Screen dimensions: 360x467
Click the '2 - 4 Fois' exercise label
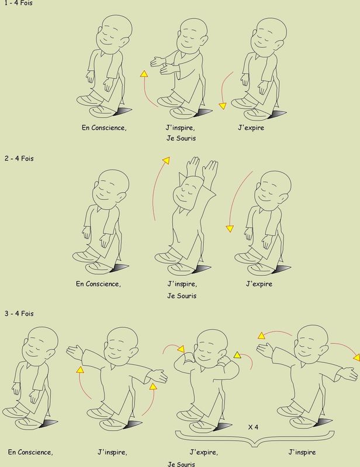pyautogui.click(x=19, y=158)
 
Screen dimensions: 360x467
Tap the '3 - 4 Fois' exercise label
pyautogui.click(x=19, y=313)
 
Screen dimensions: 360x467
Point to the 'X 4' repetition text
pyautogui.click(x=253, y=427)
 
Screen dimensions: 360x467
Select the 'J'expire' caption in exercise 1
pyautogui.click(x=251, y=128)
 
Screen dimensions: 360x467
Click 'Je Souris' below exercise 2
pyautogui.click(x=182, y=296)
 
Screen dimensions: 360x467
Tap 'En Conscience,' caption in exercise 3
pyautogui.click(x=30, y=452)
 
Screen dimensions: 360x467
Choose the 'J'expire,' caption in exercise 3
pyautogui.click(x=204, y=452)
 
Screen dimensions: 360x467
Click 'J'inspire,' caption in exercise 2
pyautogui.click(x=182, y=284)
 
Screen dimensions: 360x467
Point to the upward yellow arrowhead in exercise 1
pyautogui.click(x=144, y=74)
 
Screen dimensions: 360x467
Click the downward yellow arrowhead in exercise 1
pyautogui.click(x=223, y=106)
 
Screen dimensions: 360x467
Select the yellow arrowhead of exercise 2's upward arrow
pyautogui.click(x=166, y=160)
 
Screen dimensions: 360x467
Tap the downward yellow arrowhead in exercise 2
pyautogui.click(x=230, y=229)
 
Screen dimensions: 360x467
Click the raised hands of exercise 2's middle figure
pyautogui.click(x=202, y=167)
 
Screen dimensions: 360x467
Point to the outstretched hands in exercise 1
pyautogui.click(x=160, y=65)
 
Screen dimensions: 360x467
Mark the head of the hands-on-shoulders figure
pyautogui.click(x=211, y=345)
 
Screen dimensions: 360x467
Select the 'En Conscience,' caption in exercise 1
pyautogui.click(x=104, y=128)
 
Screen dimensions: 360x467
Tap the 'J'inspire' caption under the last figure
pyautogui.click(x=302, y=452)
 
